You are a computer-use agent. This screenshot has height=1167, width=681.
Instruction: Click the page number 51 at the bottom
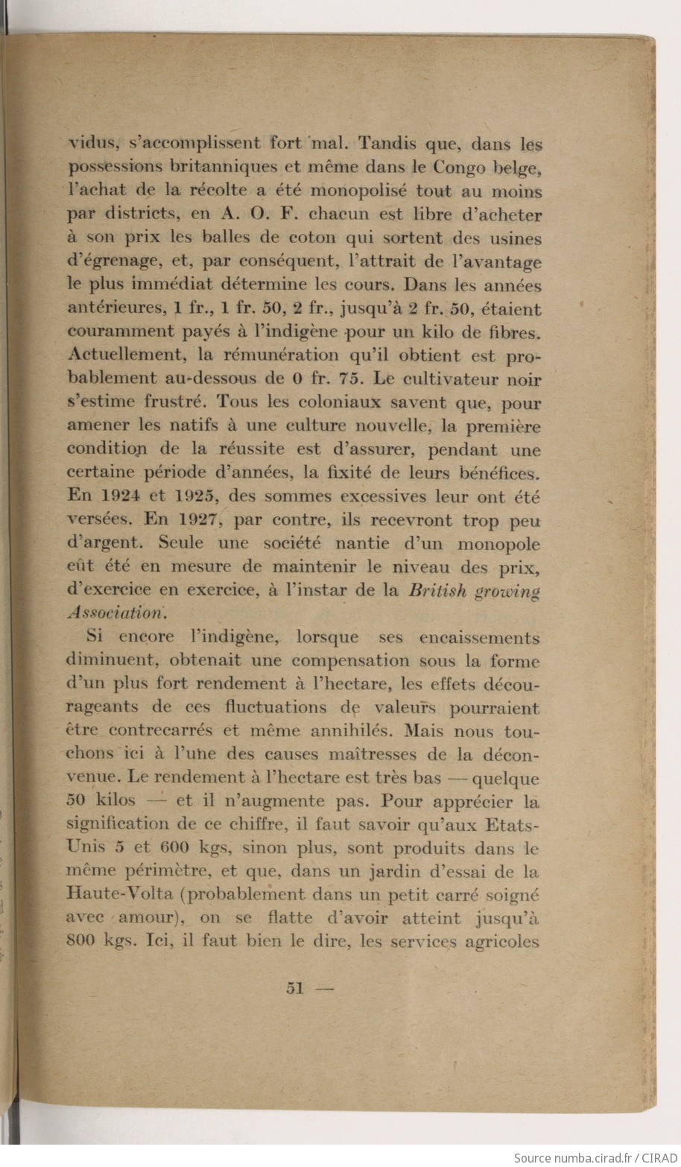295,989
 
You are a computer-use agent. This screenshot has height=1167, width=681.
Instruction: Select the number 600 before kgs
173,848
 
